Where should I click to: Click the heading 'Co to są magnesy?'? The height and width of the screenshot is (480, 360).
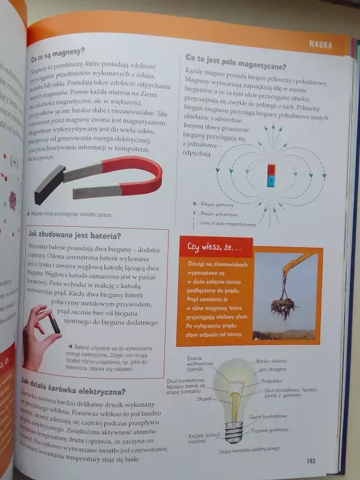[57, 61]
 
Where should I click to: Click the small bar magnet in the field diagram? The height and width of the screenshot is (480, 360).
[271, 174]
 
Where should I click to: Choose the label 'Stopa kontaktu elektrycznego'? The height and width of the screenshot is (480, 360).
[249, 449]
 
